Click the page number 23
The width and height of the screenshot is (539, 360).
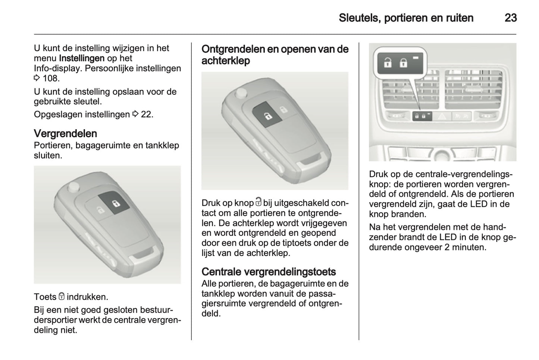point(510,18)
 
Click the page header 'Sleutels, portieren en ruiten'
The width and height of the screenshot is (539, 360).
point(406,18)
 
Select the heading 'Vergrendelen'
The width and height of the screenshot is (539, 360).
point(65,133)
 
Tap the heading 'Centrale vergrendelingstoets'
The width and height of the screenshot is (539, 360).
point(269,272)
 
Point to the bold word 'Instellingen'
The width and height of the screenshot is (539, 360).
point(82,59)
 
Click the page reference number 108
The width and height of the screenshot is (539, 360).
point(50,78)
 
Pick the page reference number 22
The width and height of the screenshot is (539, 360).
point(146,114)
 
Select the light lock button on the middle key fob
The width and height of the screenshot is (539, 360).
point(283,109)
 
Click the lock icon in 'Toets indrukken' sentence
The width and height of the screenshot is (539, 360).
point(62,297)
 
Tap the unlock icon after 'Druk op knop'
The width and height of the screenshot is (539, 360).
point(258,202)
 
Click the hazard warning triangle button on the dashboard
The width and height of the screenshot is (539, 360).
point(442,116)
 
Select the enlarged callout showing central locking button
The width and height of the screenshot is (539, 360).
point(400,62)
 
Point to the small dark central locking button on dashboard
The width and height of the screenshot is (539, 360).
point(422,116)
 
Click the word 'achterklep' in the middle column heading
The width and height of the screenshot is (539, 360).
point(225,61)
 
